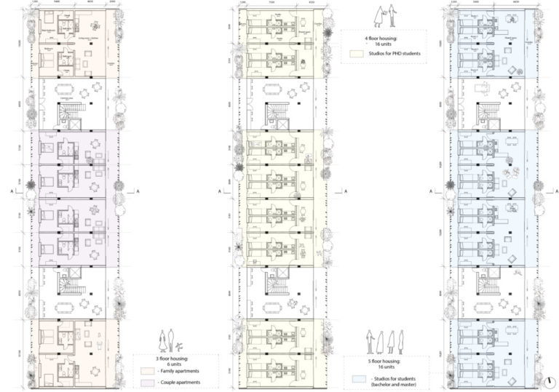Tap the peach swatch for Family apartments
click(146, 371)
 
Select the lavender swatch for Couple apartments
click(146, 383)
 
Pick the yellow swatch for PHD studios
click(354, 53)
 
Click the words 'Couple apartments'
click(177, 383)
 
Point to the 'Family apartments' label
click(177, 371)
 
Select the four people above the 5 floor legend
click(385, 339)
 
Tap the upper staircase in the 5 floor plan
click(485, 113)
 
